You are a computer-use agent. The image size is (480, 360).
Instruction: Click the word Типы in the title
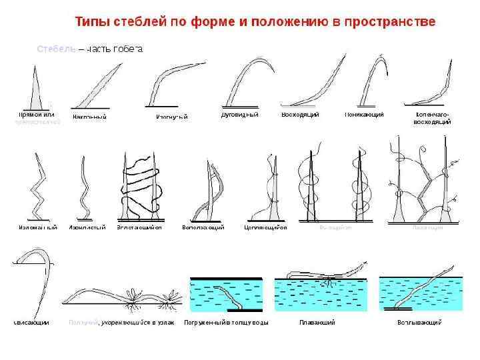coord(87,22)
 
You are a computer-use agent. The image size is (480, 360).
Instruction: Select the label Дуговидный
coord(239,115)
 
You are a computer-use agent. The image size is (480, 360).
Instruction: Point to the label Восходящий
coord(300,115)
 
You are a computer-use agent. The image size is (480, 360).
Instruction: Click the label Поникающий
coord(364,115)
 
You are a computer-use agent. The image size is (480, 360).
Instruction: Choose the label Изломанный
coord(37,227)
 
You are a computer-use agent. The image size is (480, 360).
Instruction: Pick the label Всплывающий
coord(419,323)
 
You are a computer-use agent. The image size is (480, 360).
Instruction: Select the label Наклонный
coord(89,117)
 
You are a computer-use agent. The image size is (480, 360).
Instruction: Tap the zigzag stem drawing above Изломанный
coord(37,187)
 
